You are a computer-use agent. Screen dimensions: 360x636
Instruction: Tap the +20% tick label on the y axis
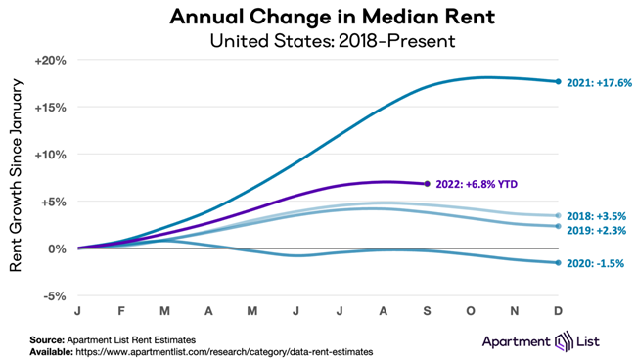tap(50, 60)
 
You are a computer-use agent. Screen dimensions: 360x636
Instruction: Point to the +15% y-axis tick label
tap(50, 108)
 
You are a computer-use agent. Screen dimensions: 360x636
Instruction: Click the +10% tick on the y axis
tap(50, 155)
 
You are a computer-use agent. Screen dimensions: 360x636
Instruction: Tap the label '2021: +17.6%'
tap(599, 83)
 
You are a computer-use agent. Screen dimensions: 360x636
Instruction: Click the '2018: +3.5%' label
tap(596, 216)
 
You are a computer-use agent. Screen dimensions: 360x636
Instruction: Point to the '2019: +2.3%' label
tap(596, 231)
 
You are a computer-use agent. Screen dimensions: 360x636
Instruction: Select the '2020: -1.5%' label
tap(596, 264)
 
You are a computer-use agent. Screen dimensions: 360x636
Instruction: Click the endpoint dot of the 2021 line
tap(558, 82)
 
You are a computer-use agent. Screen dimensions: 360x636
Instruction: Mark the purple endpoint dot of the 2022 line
tap(428, 184)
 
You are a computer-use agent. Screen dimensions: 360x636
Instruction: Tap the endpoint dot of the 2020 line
tap(558, 262)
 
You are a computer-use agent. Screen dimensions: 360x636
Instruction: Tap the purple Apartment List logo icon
tap(565, 341)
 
